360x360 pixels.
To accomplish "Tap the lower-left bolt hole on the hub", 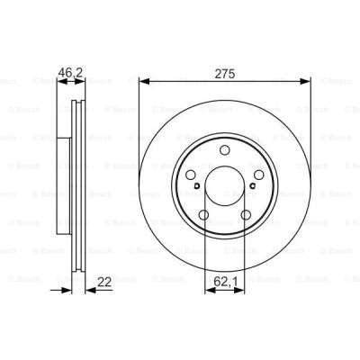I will pyautogui.click(x=202, y=215).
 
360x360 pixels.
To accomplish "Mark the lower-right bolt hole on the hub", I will pyautogui.click(x=245, y=215).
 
